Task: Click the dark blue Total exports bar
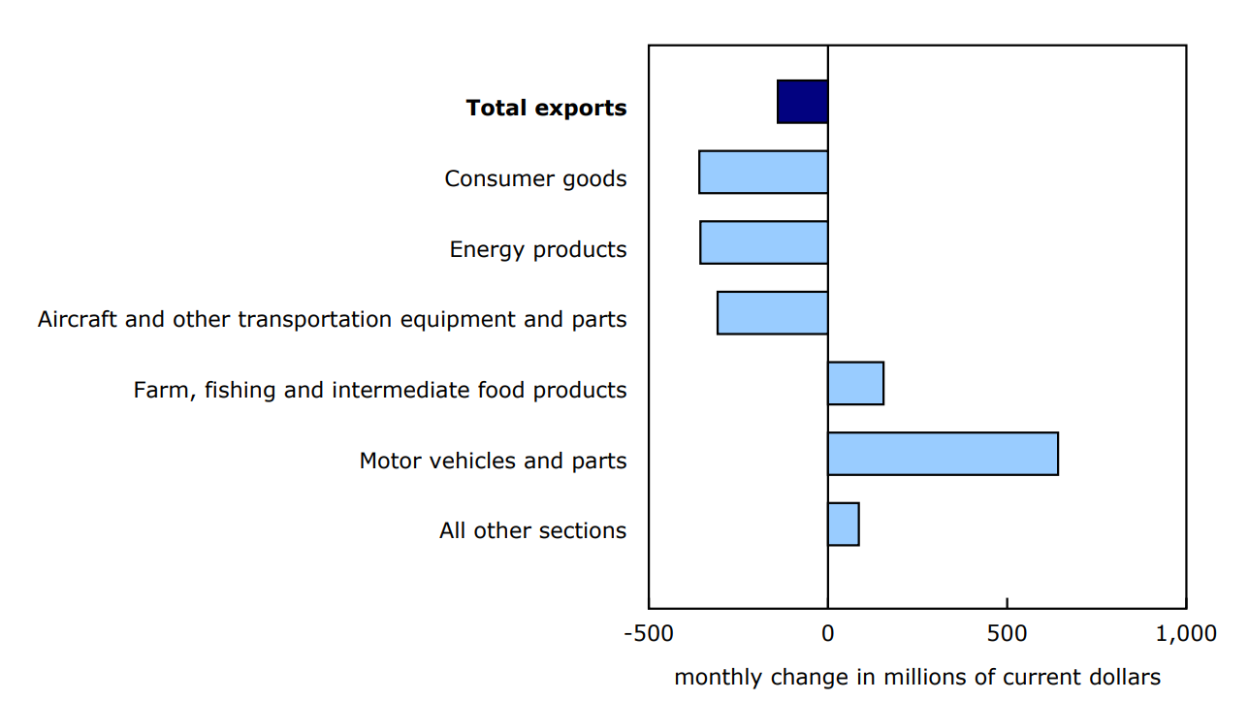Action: point(802,102)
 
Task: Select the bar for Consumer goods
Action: point(763,172)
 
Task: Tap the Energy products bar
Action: point(763,242)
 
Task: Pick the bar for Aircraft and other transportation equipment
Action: point(772,313)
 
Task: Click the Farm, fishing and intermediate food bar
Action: point(855,383)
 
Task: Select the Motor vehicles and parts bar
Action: point(943,454)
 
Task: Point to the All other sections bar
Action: point(843,525)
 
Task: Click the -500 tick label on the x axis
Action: point(648,634)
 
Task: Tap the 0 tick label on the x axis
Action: point(827,634)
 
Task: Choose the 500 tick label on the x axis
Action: point(1007,634)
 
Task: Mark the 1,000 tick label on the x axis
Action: point(1185,634)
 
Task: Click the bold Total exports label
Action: point(546,109)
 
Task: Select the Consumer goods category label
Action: point(535,179)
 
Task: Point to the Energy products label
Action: point(538,250)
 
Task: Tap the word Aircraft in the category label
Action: point(77,320)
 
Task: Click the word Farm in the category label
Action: point(156,391)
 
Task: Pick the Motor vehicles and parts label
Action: point(493,461)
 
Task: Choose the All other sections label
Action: point(532,531)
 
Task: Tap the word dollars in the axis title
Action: point(1125,677)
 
